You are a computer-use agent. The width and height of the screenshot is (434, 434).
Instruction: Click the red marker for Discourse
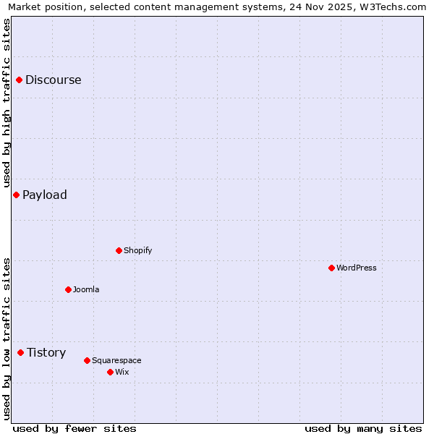coord(20,80)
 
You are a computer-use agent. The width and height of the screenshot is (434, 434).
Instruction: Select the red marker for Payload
coord(16,195)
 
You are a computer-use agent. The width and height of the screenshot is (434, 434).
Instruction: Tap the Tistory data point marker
coord(21,352)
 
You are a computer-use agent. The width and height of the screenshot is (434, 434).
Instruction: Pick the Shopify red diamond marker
coord(119,250)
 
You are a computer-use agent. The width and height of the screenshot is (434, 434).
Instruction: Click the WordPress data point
coord(331,268)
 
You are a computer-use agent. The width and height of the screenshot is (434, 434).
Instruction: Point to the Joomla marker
coord(68,289)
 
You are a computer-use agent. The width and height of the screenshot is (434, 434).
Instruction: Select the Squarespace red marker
coord(87,360)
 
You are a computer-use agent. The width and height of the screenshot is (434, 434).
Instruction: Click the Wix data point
coord(110,372)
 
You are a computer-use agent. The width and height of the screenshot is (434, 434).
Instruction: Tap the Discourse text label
coord(54,80)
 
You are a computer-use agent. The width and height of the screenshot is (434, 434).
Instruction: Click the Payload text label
coord(45,195)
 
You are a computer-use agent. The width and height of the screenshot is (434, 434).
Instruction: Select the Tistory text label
coord(46,352)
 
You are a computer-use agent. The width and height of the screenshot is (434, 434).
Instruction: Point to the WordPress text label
coord(357,268)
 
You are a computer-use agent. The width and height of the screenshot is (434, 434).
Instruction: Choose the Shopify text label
coord(138,250)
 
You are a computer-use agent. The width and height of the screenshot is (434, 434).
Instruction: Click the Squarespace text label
coord(117,360)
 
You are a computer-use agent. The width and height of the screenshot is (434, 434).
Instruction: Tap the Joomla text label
coord(86,289)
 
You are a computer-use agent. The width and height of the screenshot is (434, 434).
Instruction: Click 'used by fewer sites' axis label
coord(75,428)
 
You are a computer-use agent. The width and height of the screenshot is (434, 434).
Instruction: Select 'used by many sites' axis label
coord(363,428)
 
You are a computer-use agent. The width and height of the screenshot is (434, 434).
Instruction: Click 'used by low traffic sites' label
coord(7,338)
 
